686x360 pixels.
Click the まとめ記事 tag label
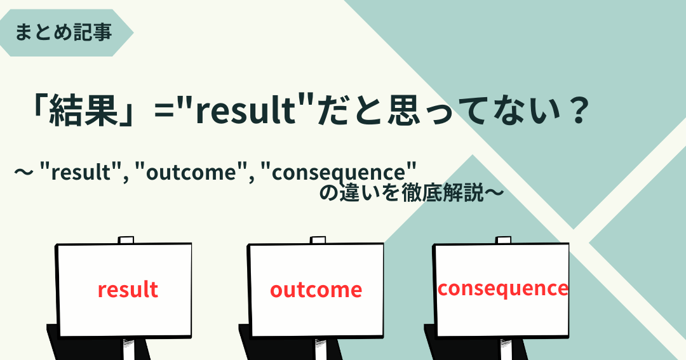64,33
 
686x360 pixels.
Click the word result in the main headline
246,110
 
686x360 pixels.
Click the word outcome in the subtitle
191,172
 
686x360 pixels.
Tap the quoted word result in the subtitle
81,172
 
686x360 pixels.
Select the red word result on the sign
128,290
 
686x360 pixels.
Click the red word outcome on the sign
316,290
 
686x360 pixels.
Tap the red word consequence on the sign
502,289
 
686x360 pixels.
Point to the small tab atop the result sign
126,240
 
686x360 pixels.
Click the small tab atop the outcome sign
318,240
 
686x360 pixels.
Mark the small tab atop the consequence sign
504,240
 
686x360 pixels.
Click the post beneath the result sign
129,349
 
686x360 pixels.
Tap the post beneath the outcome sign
320,349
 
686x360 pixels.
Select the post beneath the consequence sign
506,349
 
